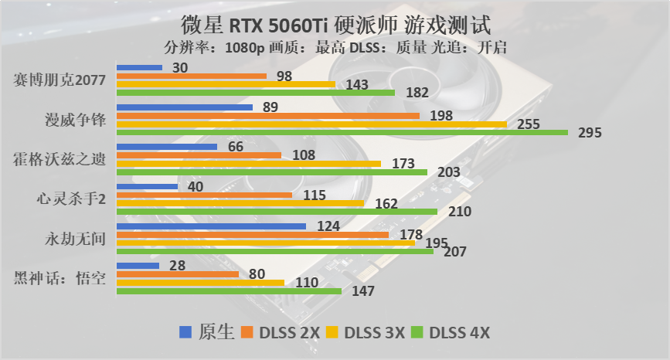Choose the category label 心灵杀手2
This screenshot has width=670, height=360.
pyautogui.click(x=72, y=199)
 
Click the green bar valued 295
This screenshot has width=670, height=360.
pyautogui.click(x=342, y=132)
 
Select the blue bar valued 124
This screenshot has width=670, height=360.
pyautogui.click(x=211, y=226)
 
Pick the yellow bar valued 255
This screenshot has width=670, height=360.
pyautogui.click(x=311, y=124)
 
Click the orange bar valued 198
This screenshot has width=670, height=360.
pyautogui.click(x=267, y=115)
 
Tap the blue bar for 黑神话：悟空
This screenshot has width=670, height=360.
pyautogui.click(x=138, y=265)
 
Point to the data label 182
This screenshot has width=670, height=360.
pyautogui.click(x=417, y=93)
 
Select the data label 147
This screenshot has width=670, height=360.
pyautogui.click(x=362, y=291)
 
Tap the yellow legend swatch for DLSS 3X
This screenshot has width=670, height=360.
pyautogui.click(x=335, y=333)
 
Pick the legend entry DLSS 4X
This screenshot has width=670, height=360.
pyautogui.click(x=451, y=333)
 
